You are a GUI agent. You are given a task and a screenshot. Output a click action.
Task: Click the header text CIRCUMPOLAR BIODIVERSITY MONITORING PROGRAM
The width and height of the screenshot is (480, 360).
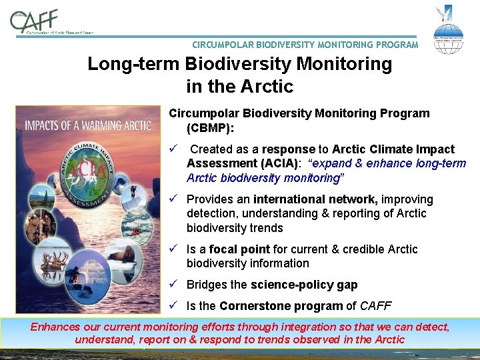pos(305,45)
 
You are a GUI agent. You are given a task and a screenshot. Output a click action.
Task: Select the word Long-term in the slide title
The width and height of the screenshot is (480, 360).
pos(133,65)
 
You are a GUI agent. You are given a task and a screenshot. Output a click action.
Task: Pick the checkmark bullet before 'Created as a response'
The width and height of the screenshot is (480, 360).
pos(173,149)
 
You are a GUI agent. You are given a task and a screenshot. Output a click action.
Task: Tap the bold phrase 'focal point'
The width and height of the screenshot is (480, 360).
pos(239,249)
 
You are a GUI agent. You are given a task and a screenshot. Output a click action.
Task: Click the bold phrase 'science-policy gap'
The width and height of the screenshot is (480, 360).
pos(304,285)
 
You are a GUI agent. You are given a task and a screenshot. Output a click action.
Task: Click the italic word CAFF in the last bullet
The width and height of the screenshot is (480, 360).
pos(378,306)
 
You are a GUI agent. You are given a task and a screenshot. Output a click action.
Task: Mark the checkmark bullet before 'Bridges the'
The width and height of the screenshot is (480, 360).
pos(173,285)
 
